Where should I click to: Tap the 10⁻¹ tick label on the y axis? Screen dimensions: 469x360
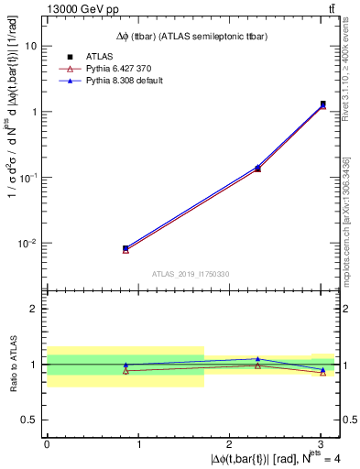(x=27, y=177)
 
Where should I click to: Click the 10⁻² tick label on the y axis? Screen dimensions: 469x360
(x=27, y=243)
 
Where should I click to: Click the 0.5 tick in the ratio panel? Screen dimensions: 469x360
(x=30, y=420)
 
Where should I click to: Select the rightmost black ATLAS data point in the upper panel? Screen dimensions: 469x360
(x=323, y=104)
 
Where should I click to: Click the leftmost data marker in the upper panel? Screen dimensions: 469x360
(x=125, y=248)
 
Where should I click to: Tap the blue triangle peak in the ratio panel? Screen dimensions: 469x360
(x=257, y=359)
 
